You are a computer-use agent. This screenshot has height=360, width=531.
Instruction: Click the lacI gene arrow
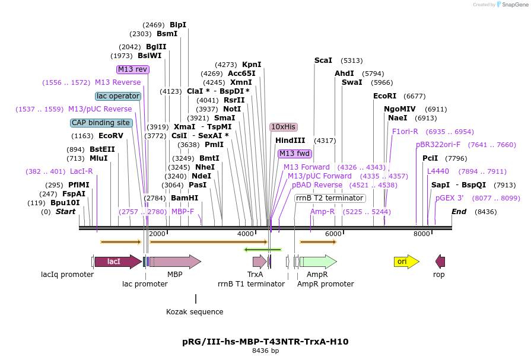117,262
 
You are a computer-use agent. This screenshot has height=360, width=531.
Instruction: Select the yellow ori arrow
406,262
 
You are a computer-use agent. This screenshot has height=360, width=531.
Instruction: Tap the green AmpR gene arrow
318,262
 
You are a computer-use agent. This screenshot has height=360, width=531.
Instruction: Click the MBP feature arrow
175,262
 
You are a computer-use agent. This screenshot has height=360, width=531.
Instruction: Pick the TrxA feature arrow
259,262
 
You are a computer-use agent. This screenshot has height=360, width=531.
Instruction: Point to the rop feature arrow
440,262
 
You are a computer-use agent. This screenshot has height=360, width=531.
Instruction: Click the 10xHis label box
283,127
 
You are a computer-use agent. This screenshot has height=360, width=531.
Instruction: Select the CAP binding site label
101,123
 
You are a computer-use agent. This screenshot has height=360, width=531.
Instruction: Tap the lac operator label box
118,96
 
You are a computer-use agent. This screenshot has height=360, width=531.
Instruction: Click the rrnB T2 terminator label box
330,198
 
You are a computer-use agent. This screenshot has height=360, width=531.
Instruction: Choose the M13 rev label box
133,69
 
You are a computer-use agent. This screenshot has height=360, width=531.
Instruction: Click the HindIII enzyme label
290,141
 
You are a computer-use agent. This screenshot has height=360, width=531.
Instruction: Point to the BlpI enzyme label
178,25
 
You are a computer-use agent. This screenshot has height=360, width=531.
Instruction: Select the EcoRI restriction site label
384,96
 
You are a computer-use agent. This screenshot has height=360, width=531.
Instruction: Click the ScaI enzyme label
323,60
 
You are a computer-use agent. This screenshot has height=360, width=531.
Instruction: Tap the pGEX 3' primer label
449,198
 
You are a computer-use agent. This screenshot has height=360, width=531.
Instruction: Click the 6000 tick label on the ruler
333,234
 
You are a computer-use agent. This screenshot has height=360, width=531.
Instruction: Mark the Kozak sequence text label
195,312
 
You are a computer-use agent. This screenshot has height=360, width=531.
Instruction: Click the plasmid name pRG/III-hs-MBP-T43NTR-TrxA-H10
265,342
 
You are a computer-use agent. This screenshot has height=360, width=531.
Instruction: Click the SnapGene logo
512,5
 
